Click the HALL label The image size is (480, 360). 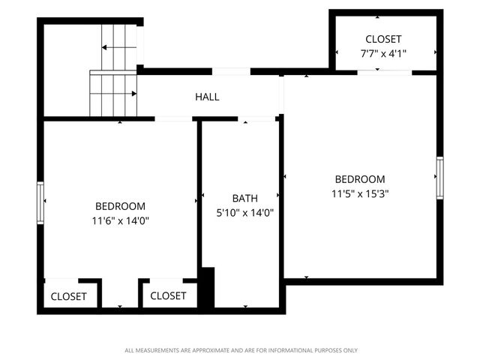point(207,97)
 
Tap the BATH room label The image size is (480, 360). point(244,199)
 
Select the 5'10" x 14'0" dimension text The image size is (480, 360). point(244,212)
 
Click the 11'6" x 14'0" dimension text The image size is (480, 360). point(120,220)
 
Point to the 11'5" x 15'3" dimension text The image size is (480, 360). point(360,193)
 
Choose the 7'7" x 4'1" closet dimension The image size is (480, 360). point(383,53)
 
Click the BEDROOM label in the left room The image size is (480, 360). point(120,206)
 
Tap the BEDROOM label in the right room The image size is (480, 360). point(360,179)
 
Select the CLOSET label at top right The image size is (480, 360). point(383,39)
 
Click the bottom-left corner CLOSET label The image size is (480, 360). point(68,296)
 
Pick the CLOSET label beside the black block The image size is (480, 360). point(168,296)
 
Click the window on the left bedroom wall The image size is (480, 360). point(41,202)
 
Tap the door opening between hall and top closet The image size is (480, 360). point(231,71)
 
